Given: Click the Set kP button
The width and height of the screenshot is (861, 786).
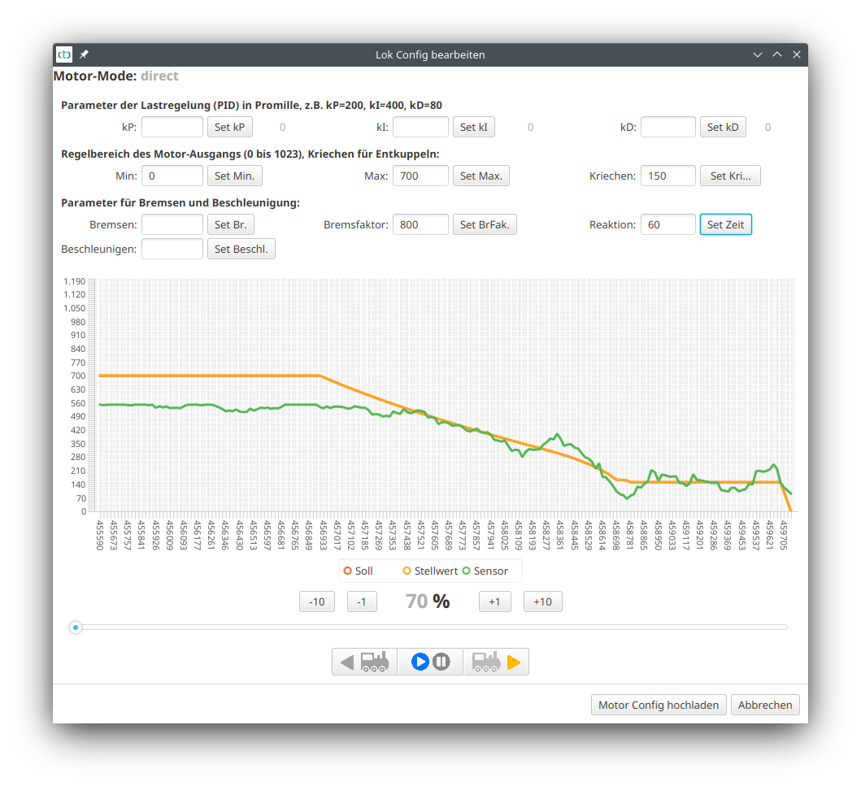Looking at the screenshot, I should [229, 127].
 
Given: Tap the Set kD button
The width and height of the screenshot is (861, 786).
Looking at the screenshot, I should [722, 127].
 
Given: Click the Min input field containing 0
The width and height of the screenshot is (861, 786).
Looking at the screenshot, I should [172, 176].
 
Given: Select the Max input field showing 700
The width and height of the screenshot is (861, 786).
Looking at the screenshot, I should [420, 176].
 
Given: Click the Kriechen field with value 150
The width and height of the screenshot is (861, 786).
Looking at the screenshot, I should [667, 176].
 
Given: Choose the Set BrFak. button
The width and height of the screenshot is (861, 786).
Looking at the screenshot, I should [485, 224].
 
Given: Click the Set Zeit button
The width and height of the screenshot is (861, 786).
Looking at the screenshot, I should [725, 224].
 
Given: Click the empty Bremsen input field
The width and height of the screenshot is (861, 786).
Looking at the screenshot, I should [172, 224].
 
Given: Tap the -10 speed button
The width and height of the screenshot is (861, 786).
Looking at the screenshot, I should [317, 601].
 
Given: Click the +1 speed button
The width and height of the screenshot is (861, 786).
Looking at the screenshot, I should [494, 601].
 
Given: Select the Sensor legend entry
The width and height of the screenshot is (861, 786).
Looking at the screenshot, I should [485, 571].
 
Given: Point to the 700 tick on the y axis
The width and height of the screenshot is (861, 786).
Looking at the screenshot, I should [78, 376].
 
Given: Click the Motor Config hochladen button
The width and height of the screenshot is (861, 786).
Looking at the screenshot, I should [658, 705].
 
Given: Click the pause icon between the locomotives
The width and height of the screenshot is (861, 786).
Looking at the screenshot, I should [441, 662].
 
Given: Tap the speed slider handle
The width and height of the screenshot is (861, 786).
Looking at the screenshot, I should [76, 627].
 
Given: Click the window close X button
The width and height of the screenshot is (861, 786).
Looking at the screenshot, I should [797, 54].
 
